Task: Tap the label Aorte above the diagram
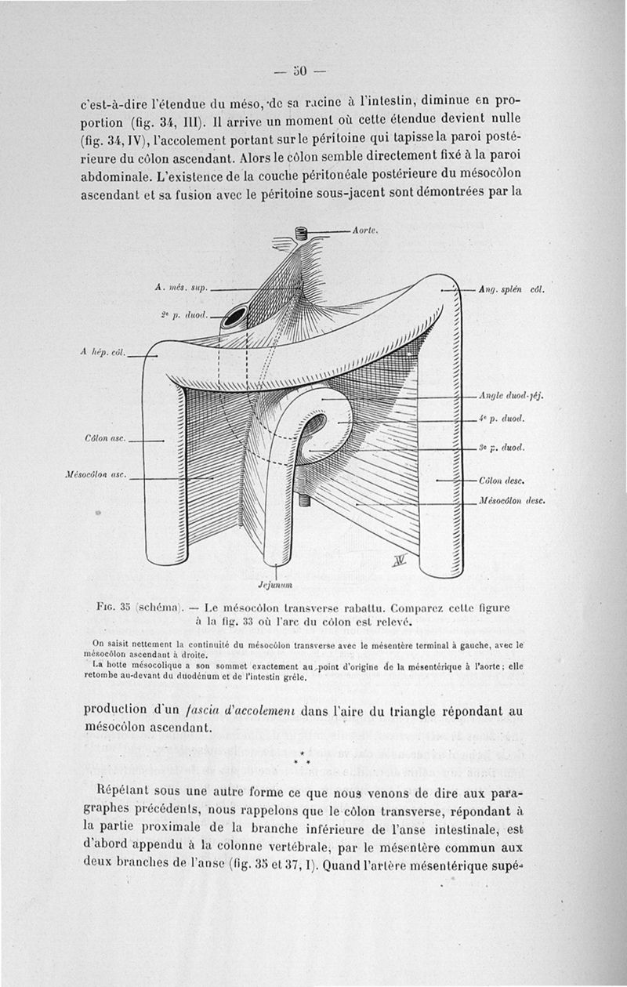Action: click(x=366, y=230)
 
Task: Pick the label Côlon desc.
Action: click(x=500, y=479)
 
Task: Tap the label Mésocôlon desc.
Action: click(x=510, y=499)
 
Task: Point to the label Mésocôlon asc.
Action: click(x=98, y=475)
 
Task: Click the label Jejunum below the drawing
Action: click(x=275, y=583)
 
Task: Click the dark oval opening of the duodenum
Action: click(x=234, y=318)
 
